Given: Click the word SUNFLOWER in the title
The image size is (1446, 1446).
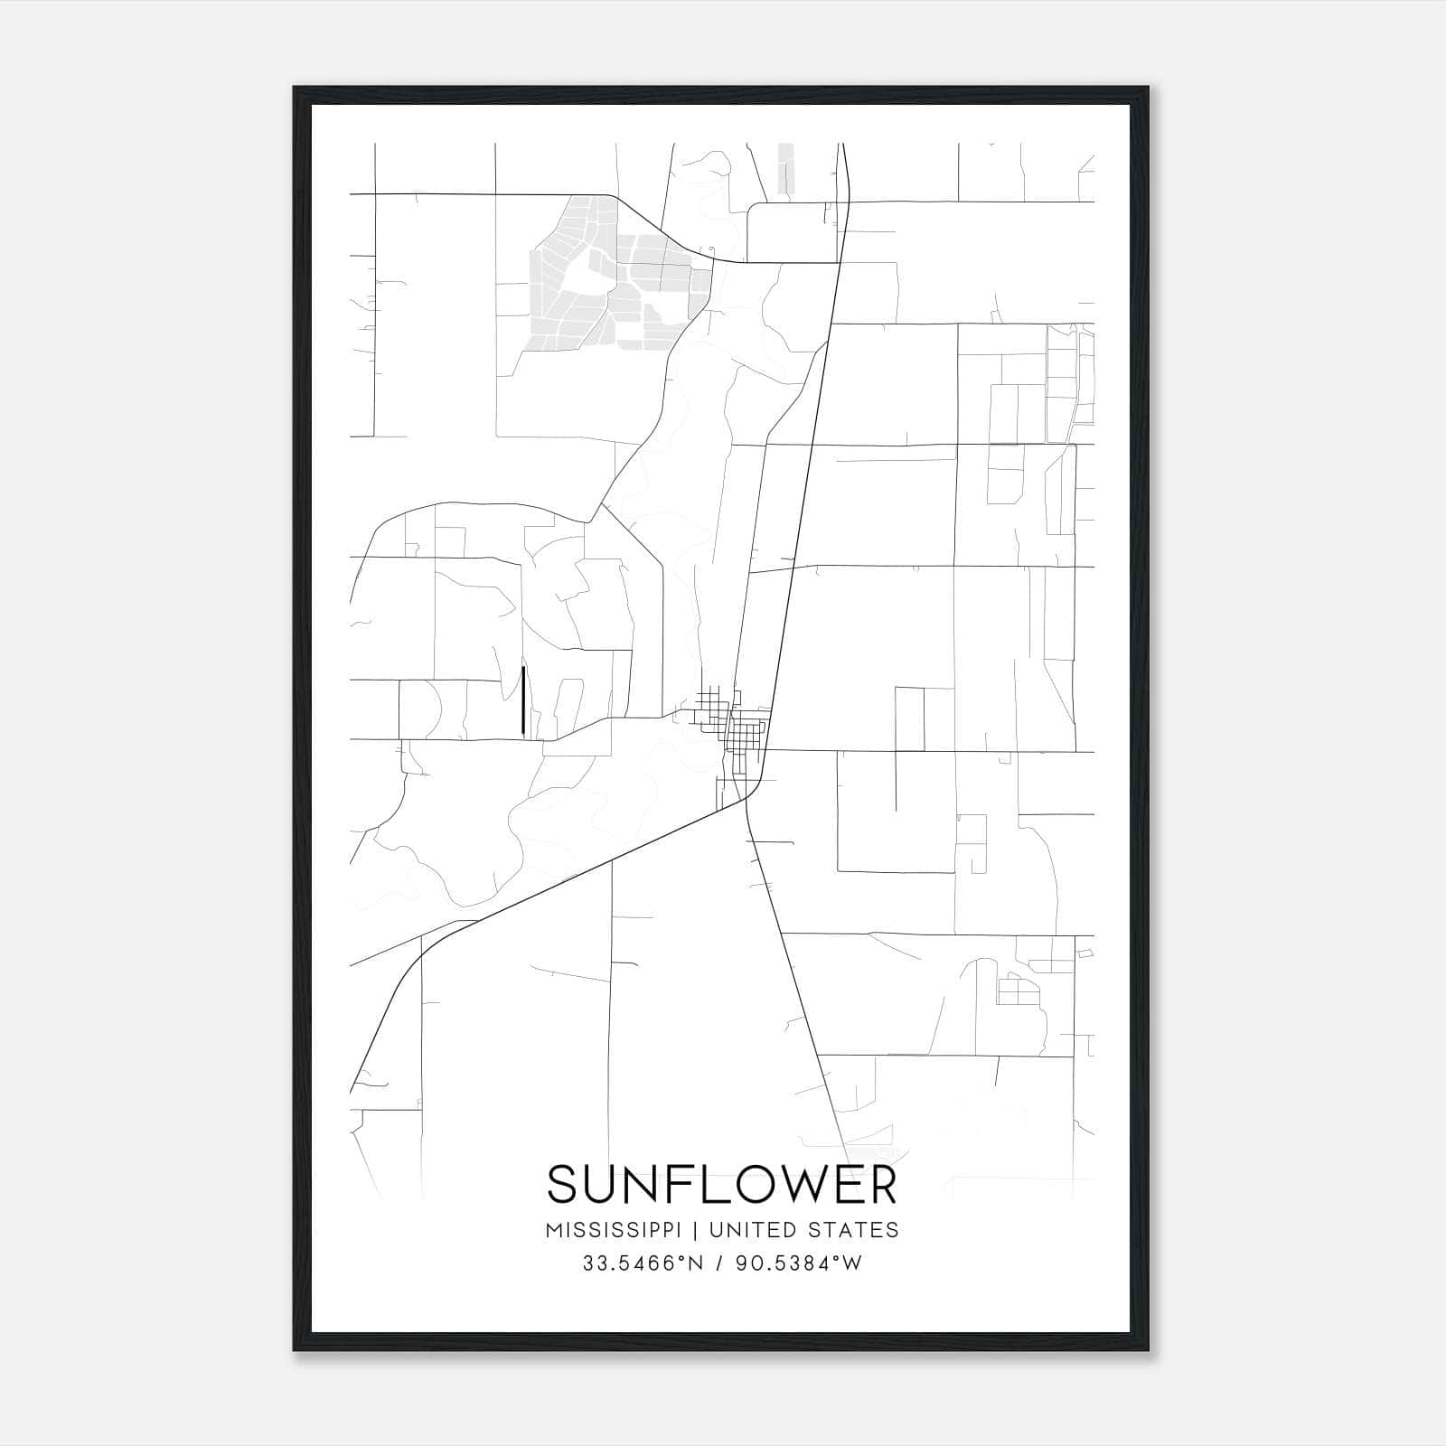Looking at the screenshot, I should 722,1184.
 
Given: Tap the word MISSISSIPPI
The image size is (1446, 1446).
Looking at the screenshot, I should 618,1229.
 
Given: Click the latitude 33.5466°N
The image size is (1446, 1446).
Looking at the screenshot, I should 643,1263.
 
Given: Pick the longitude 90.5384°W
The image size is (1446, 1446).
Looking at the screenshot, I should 800,1263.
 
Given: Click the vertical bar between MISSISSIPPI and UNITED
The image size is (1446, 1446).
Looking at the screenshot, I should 697,1229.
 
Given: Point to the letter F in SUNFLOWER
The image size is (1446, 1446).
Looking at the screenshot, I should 667,1184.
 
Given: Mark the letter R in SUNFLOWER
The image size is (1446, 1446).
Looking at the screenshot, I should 879,1184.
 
